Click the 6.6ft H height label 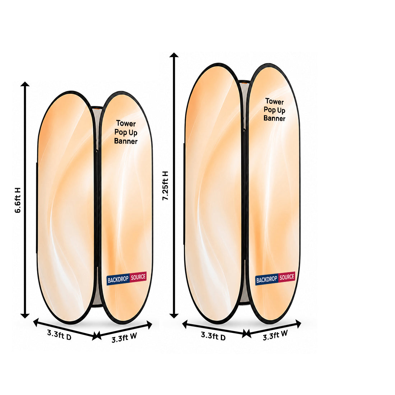18,200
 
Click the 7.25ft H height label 165,186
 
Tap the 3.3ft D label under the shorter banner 59,335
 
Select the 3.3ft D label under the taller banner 213,336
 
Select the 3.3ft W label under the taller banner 275,335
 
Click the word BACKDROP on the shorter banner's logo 118,279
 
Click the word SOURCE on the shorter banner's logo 138,277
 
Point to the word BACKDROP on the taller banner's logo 266,279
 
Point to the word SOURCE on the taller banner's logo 287,277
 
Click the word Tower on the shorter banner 126,124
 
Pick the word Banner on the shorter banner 126,141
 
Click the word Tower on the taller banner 275,101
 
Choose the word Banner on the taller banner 274,118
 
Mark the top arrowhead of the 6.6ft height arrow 25,84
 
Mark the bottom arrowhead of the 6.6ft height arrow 25,316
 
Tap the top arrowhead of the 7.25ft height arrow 174,55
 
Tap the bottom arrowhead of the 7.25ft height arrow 174,316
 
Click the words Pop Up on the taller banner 274,110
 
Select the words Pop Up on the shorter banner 126,132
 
